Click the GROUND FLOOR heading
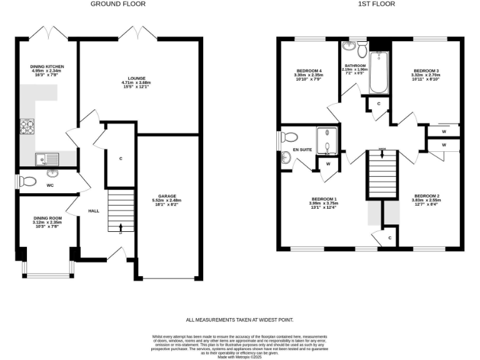coord(118,4)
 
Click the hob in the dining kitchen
coord(28,127)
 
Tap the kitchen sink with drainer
coord(47,157)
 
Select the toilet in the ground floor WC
coord(28,181)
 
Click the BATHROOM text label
coord(354,65)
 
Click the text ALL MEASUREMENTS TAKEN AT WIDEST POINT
coord(239,319)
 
